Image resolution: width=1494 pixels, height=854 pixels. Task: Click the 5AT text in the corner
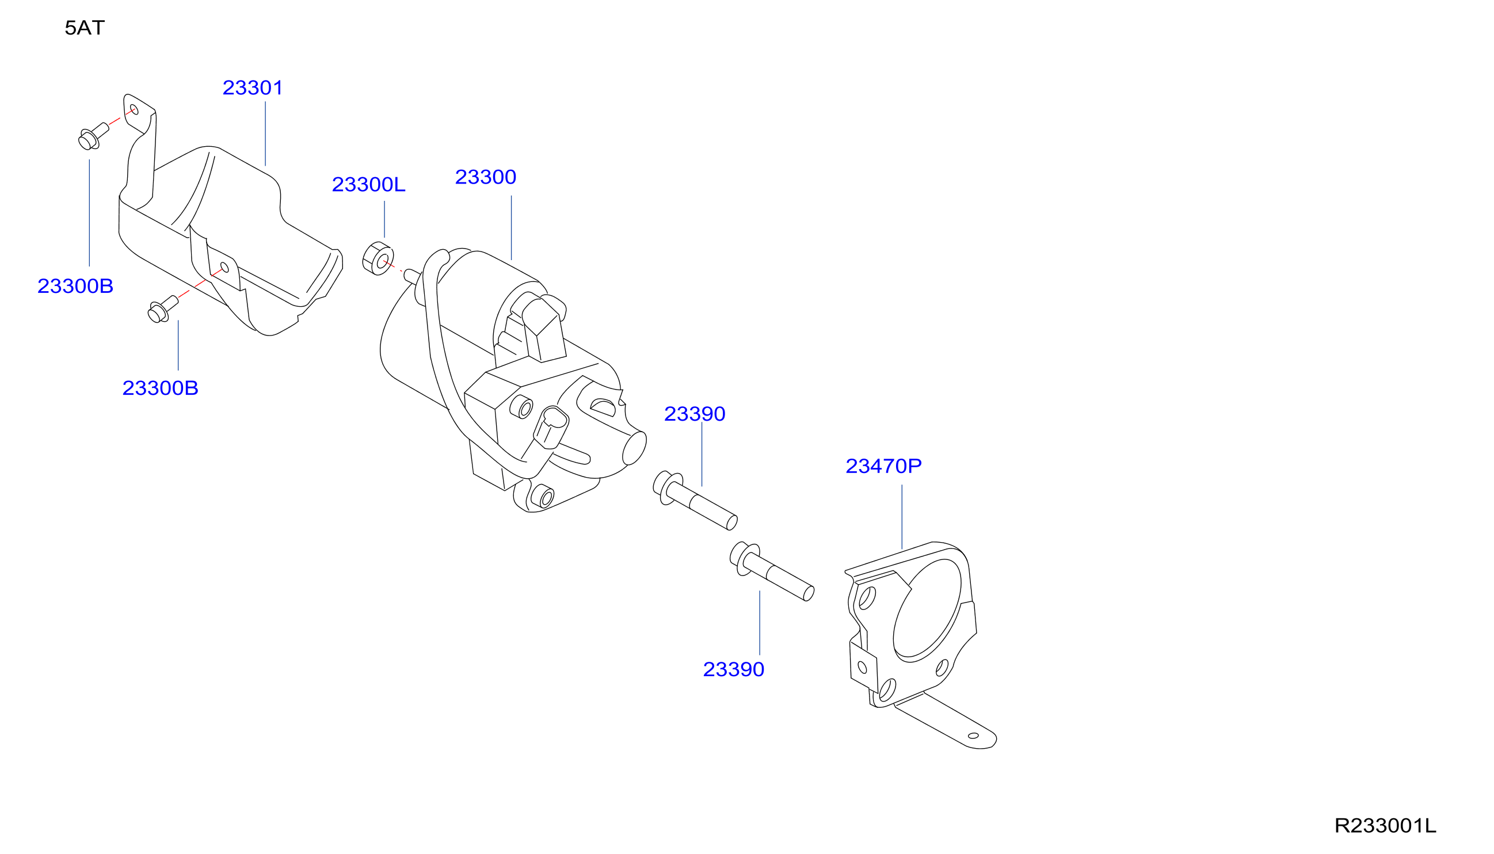pyautogui.click(x=85, y=28)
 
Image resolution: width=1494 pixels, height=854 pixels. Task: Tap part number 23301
pyautogui.click(x=253, y=88)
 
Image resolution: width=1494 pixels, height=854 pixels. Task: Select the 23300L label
pyautogui.click(x=368, y=185)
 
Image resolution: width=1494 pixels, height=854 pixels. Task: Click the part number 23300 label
pyautogui.click(x=486, y=177)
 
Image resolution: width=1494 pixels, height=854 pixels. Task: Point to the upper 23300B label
pyautogui.click(x=75, y=286)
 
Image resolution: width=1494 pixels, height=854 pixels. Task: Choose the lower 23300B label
pyautogui.click(x=160, y=388)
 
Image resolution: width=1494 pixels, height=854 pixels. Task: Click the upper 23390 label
pyautogui.click(x=695, y=414)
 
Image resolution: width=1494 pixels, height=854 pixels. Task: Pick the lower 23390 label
pyautogui.click(x=733, y=669)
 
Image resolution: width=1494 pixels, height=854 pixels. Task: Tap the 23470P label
pyautogui.click(x=883, y=466)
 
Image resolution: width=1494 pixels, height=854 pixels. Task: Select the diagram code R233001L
pyautogui.click(x=1385, y=826)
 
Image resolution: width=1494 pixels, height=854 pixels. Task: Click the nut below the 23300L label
pyautogui.click(x=378, y=258)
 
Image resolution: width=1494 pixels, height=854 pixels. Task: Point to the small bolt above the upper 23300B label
pyautogui.click(x=93, y=136)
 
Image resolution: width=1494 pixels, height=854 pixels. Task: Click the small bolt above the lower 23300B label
pyautogui.click(x=162, y=309)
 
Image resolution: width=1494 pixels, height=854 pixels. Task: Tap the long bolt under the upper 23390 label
pyautogui.click(x=695, y=500)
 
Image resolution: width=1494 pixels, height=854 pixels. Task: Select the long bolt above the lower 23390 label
pyautogui.click(x=771, y=571)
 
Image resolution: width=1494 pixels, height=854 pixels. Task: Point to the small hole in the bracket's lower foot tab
pyautogui.click(x=973, y=736)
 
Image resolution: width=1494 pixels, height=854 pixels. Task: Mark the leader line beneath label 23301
pyautogui.click(x=265, y=134)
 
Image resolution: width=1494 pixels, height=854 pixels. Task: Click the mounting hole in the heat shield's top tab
pyautogui.click(x=134, y=110)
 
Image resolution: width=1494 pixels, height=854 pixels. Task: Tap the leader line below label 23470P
pyautogui.click(x=902, y=517)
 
